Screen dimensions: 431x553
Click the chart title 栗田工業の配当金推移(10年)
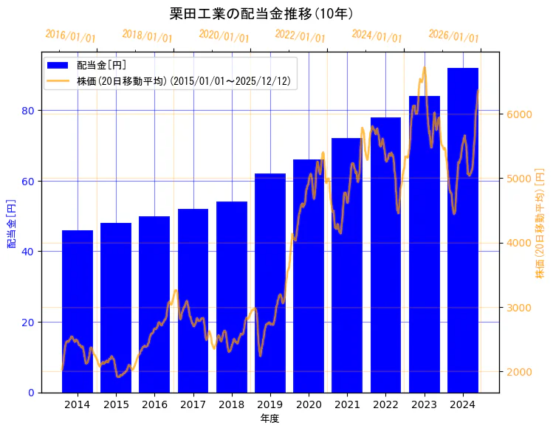(261, 13)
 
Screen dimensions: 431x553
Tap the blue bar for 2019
(270, 283)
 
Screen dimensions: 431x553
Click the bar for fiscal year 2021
(347, 266)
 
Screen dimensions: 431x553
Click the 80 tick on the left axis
(29, 111)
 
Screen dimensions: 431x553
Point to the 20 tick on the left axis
(29, 323)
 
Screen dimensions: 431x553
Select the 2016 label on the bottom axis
(154, 404)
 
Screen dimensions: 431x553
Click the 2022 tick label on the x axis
(385, 404)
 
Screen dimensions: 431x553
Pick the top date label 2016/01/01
(70, 36)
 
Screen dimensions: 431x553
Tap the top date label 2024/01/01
(377, 36)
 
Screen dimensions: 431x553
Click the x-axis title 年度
(269, 418)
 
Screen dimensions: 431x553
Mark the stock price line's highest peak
(424, 68)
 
